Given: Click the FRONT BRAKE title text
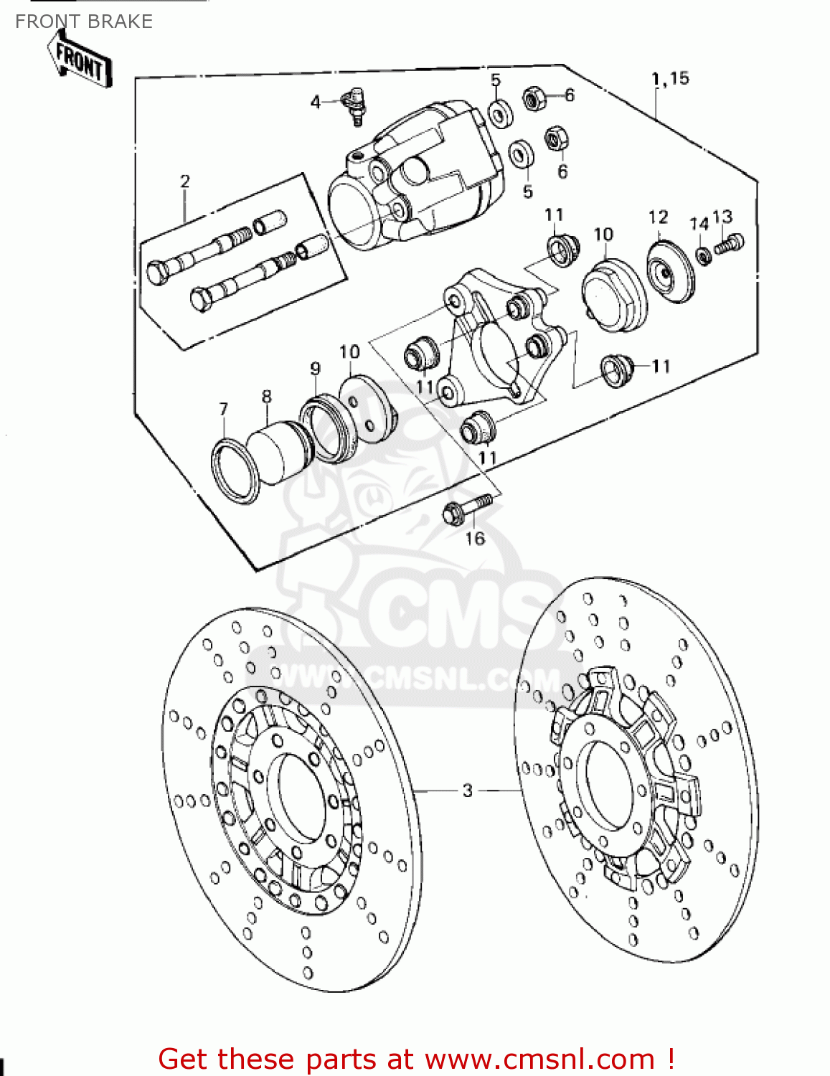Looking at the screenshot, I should [x=84, y=22].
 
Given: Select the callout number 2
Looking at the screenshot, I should [x=185, y=181].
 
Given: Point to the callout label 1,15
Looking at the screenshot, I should [x=670, y=78].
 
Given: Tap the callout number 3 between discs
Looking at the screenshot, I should [x=468, y=791].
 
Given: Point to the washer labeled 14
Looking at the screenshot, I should [x=704, y=254].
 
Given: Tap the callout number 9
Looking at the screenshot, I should [x=315, y=369].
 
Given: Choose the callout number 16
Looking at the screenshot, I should [x=475, y=539].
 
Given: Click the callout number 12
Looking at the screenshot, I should [x=658, y=217].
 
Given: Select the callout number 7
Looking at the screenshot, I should [x=224, y=409].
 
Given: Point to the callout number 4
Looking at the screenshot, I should [x=315, y=103].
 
